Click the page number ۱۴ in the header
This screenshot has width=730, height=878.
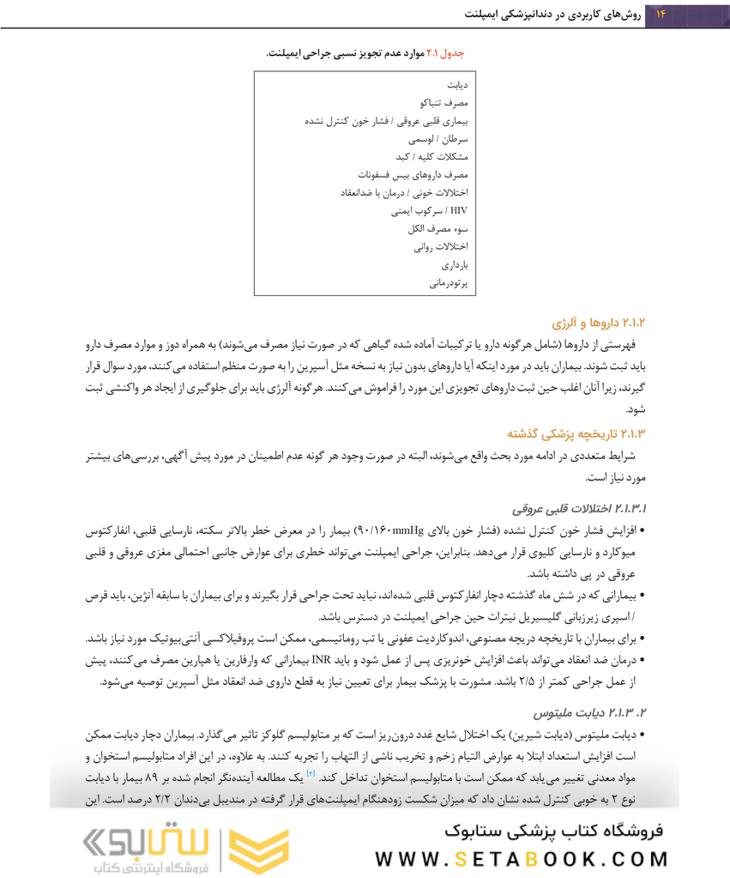(661, 15)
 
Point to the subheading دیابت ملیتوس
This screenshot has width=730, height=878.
(590, 713)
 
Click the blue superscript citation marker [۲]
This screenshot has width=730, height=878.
(311, 774)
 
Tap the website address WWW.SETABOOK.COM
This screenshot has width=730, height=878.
(522, 859)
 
